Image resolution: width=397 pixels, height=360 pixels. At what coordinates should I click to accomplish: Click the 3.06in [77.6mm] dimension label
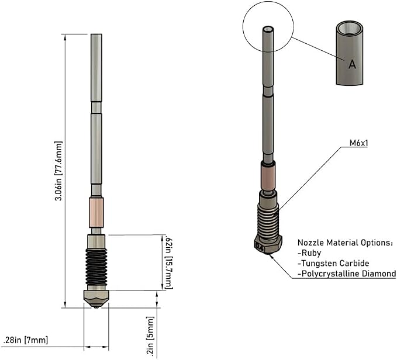[x=58, y=171]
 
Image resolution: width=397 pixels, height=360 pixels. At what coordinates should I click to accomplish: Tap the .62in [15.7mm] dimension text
[x=168, y=262]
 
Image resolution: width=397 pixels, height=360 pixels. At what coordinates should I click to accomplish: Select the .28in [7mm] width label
[x=25, y=340]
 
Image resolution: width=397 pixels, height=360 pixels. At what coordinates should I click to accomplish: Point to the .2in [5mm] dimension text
[x=150, y=336]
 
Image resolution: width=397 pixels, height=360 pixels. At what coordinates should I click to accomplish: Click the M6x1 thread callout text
[x=358, y=143]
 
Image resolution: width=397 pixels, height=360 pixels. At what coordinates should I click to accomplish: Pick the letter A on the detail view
[x=352, y=64]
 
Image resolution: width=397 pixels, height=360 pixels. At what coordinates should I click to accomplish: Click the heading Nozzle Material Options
[x=346, y=243]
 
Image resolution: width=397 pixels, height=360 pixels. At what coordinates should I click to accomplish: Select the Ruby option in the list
[x=309, y=253]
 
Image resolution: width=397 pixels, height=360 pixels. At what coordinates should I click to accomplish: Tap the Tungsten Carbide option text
[x=333, y=264]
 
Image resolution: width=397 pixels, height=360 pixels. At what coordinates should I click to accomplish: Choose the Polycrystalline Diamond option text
[x=347, y=274]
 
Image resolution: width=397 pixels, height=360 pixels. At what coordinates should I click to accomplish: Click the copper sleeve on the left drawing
[x=96, y=213]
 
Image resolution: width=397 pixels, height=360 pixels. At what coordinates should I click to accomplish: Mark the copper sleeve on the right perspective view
[x=268, y=177]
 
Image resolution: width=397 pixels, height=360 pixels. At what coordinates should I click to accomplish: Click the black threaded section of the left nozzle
[x=96, y=267]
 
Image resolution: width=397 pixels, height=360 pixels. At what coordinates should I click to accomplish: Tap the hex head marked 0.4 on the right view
[x=268, y=243]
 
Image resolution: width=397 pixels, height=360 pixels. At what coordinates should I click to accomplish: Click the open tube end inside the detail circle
[x=268, y=29]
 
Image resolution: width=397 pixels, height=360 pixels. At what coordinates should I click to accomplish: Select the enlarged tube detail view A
[x=350, y=53]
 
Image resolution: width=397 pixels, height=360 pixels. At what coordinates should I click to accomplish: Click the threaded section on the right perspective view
[x=268, y=220]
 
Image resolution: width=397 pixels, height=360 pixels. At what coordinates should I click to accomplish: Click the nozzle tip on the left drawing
[x=96, y=307]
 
